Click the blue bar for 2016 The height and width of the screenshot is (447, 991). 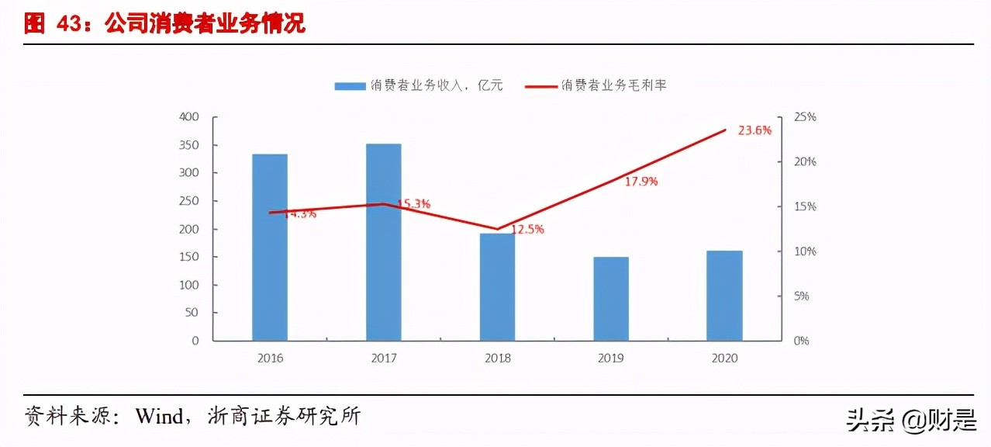point(270,247)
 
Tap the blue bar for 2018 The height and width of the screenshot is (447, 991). point(497,286)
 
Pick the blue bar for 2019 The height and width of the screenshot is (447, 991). point(611,298)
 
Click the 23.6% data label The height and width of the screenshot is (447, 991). point(754,130)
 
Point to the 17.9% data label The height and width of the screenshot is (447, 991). point(641,182)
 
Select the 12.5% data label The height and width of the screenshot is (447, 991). point(527,229)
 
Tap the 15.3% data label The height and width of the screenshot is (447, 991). point(413,203)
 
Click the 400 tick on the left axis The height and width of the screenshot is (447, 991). point(189,117)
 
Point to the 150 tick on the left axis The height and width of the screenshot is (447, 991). point(189,257)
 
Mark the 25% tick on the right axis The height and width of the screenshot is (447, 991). point(806,117)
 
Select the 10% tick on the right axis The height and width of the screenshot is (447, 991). point(806,251)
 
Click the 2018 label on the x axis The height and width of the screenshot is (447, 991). point(497,359)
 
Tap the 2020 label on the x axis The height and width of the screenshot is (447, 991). point(724,359)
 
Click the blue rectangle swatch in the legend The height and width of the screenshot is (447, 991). point(349,86)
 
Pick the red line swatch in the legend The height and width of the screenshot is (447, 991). point(541,86)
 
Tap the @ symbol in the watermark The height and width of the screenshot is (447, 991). point(912,420)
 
